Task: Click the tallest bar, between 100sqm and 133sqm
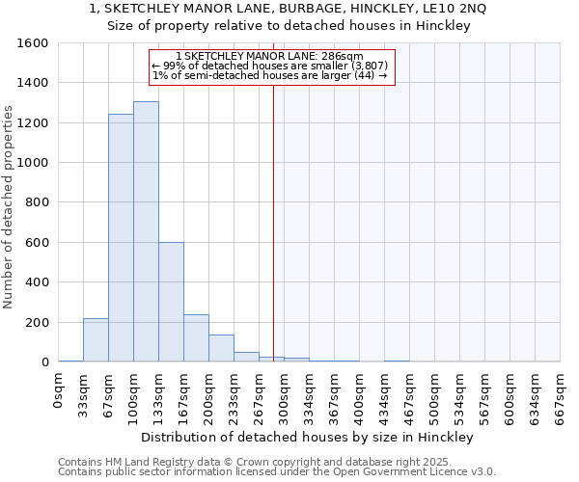146,231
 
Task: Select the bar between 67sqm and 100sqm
121,238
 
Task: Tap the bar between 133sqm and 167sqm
171,302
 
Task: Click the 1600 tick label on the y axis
33,43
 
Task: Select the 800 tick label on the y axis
37,202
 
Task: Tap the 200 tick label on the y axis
37,323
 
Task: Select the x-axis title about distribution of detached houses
314,437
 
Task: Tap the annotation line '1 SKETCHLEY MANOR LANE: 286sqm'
271,57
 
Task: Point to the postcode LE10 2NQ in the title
455,9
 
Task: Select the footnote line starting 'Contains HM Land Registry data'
276,462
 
